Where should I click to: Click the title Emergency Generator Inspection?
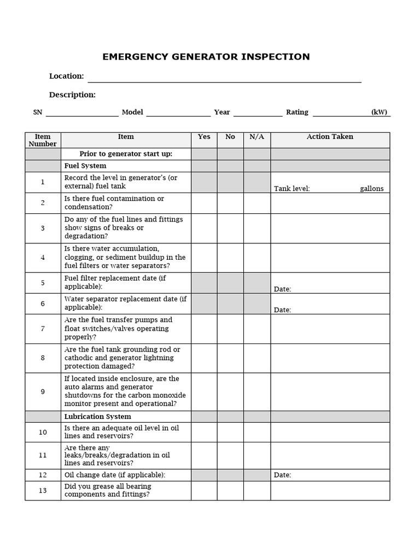coord(206,57)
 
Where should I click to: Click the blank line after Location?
coord(224,78)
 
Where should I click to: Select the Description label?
coord(72,95)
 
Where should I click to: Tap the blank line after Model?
coord(178,113)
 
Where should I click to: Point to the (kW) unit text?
coord(379,113)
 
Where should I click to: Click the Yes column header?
coord(204,137)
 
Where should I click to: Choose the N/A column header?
coord(257,137)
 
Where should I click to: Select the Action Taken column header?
coord(330,137)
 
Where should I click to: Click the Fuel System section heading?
coord(85,166)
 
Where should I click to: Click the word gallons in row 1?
coord(371,189)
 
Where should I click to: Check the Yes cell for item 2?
coord(204,203)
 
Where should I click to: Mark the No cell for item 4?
coord(230,258)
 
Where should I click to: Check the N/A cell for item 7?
coord(257,329)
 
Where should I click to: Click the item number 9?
coord(43,392)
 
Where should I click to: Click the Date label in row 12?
coord(282,475)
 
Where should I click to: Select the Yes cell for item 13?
coord(204,491)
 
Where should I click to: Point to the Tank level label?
coord(292,189)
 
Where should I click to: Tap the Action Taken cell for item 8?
coord(330,358)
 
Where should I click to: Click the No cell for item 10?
coord(230,432)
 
